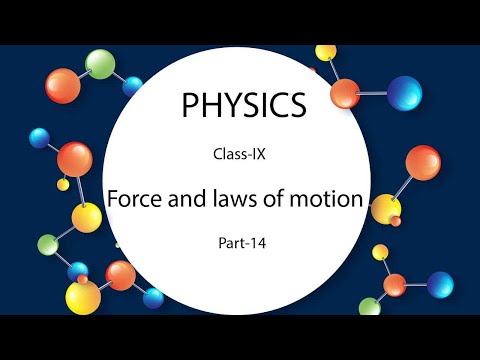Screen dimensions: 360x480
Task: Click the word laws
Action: (236, 198)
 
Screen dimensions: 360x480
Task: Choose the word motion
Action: (330, 198)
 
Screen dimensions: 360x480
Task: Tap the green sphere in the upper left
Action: (101, 64)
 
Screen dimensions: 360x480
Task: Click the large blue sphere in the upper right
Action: (405, 95)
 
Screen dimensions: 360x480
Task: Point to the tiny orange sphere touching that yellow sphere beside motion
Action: (395, 221)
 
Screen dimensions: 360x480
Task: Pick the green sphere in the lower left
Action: (46, 244)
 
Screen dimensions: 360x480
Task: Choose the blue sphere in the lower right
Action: (438, 285)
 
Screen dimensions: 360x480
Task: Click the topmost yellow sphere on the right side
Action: (326, 52)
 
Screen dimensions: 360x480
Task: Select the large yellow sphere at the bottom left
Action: (83, 295)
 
